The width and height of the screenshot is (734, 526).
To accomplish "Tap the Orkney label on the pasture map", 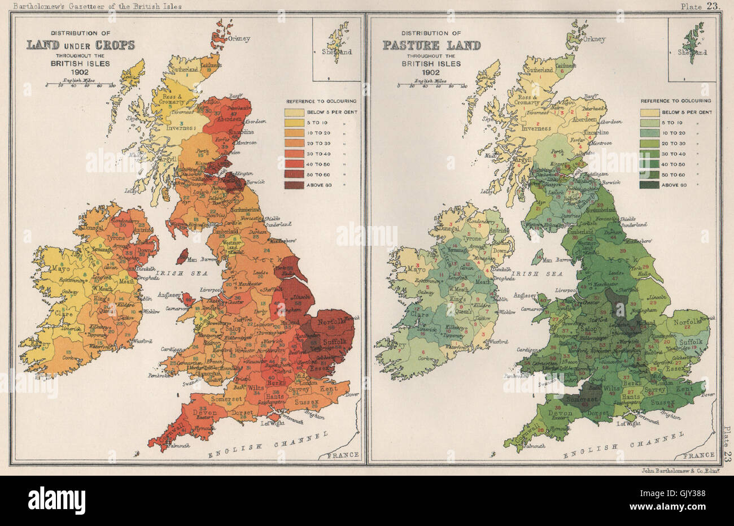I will point(593,40).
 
